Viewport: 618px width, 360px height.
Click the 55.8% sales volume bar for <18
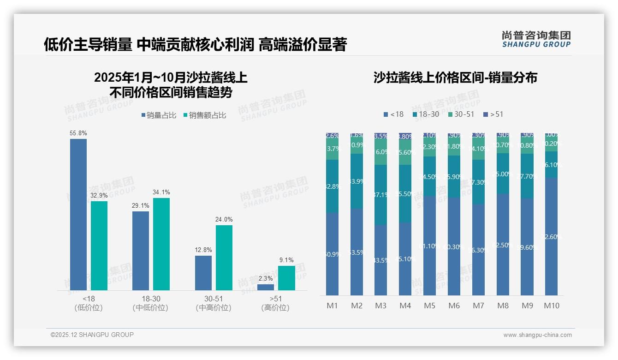[x=78, y=215]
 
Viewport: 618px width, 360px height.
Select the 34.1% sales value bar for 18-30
[x=161, y=244]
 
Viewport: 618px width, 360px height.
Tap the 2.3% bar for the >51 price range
[x=266, y=287]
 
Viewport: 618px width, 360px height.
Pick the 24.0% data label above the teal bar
[x=224, y=219]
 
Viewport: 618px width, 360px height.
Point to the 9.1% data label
[x=286, y=260]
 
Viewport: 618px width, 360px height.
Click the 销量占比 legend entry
[x=159, y=115]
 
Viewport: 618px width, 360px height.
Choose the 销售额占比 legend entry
[x=204, y=115]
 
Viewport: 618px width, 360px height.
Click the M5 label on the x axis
[x=429, y=306]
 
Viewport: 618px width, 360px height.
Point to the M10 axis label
[x=551, y=306]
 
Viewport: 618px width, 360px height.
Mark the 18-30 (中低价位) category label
[x=150, y=303]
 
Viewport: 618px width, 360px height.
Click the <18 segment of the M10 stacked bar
[x=551, y=236]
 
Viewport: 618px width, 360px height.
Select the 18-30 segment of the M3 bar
[x=381, y=195]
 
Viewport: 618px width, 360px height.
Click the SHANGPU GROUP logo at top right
[x=536, y=39]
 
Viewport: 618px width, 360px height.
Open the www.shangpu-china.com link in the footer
[x=537, y=335]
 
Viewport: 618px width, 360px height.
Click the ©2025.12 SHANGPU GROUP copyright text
[x=92, y=335]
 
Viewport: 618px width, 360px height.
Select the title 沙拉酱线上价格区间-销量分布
[x=455, y=78]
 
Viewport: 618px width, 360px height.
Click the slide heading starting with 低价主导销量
[x=195, y=45]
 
